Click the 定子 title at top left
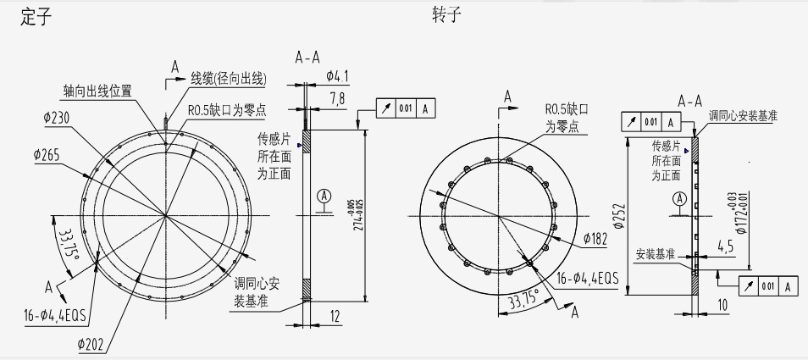[x=32, y=18]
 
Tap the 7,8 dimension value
[x=335, y=101]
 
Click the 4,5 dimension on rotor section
[x=725, y=246]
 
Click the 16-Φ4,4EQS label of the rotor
[x=587, y=277]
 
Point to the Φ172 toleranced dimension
[x=743, y=212]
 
